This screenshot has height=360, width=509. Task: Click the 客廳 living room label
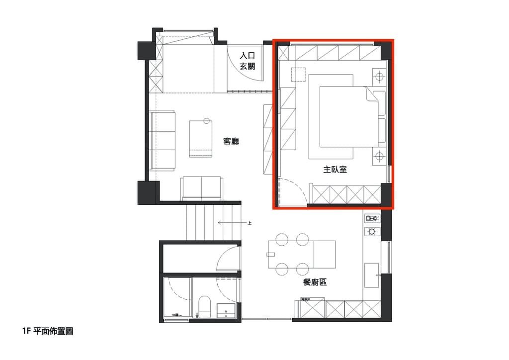(x=231, y=141)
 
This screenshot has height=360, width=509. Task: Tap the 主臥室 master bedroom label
(x=335, y=169)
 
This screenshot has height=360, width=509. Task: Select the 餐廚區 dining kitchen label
(x=315, y=282)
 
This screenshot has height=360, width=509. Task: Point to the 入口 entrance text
(x=248, y=56)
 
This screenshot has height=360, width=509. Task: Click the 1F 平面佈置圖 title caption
(x=48, y=331)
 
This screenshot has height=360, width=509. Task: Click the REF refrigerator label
(x=305, y=300)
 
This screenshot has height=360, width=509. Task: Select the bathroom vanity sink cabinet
(x=226, y=311)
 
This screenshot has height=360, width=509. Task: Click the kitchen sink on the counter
(x=372, y=275)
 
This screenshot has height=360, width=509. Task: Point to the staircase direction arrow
(x=234, y=223)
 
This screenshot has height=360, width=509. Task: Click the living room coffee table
(x=201, y=139)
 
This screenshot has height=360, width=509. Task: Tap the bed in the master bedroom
(x=349, y=116)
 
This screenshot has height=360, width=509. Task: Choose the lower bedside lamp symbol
(x=379, y=157)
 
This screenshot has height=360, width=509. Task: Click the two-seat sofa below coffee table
(x=202, y=188)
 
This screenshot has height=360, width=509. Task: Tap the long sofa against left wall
(x=163, y=140)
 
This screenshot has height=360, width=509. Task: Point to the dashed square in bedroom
(x=298, y=75)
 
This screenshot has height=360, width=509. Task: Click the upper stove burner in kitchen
(x=372, y=218)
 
